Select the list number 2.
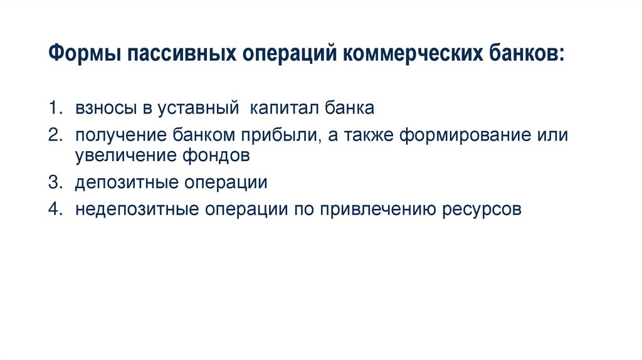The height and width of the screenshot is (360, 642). point(55,136)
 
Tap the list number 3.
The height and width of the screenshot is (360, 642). point(55,183)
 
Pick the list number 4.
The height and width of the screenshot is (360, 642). point(55,209)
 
